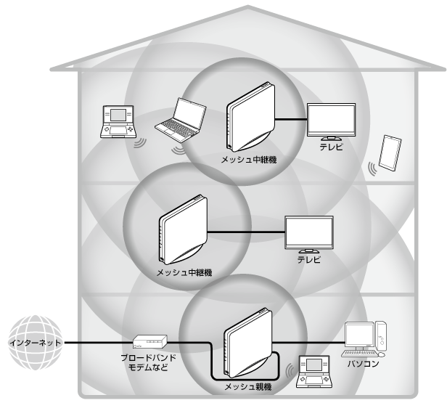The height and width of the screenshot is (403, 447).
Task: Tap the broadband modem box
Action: tap(149, 341)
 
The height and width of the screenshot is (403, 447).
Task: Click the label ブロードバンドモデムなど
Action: tap(149, 363)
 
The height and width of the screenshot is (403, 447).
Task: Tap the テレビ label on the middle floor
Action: tap(308, 259)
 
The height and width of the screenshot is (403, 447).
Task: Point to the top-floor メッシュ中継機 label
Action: tap(250, 156)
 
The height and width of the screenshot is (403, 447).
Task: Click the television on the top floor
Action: tap(331, 120)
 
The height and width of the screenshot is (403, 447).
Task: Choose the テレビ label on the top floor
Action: tap(330, 146)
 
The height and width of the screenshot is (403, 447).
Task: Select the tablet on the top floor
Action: tap(390, 152)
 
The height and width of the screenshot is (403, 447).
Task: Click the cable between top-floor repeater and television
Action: tap(290, 118)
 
